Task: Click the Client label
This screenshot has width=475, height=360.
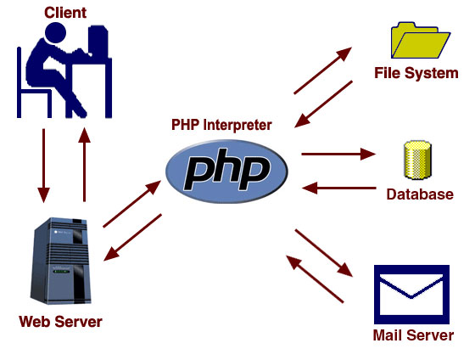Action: coord(65,13)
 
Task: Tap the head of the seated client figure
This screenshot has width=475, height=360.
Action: coord(55,32)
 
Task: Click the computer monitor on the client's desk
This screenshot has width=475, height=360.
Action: coord(98,42)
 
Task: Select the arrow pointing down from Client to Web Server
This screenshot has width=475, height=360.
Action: coord(43,166)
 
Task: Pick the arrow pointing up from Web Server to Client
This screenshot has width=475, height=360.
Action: coord(84,165)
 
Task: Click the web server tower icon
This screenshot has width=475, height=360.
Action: coord(61,261)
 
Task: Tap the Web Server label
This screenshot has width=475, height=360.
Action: coord(60,322)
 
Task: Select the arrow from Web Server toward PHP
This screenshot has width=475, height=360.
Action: coord(132,204)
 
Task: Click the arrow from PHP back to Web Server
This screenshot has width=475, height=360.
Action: coord(132,238)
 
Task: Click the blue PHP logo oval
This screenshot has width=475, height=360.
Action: coord(226,171)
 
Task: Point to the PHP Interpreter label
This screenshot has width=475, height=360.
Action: coord(221,125)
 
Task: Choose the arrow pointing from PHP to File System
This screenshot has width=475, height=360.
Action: coord(322,70)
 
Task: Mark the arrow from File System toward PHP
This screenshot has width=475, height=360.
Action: coord(323,104)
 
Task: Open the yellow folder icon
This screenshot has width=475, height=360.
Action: coord(421,41)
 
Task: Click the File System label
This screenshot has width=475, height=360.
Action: coord(416,73)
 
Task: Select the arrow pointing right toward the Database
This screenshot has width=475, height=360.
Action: coord(338,154)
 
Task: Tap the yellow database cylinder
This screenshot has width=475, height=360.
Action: coord(417,160)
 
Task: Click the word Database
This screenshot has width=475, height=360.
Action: coord(420,194)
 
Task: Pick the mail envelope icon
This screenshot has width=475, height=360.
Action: coord(411,295)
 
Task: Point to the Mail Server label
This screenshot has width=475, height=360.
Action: coord(413,335)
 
